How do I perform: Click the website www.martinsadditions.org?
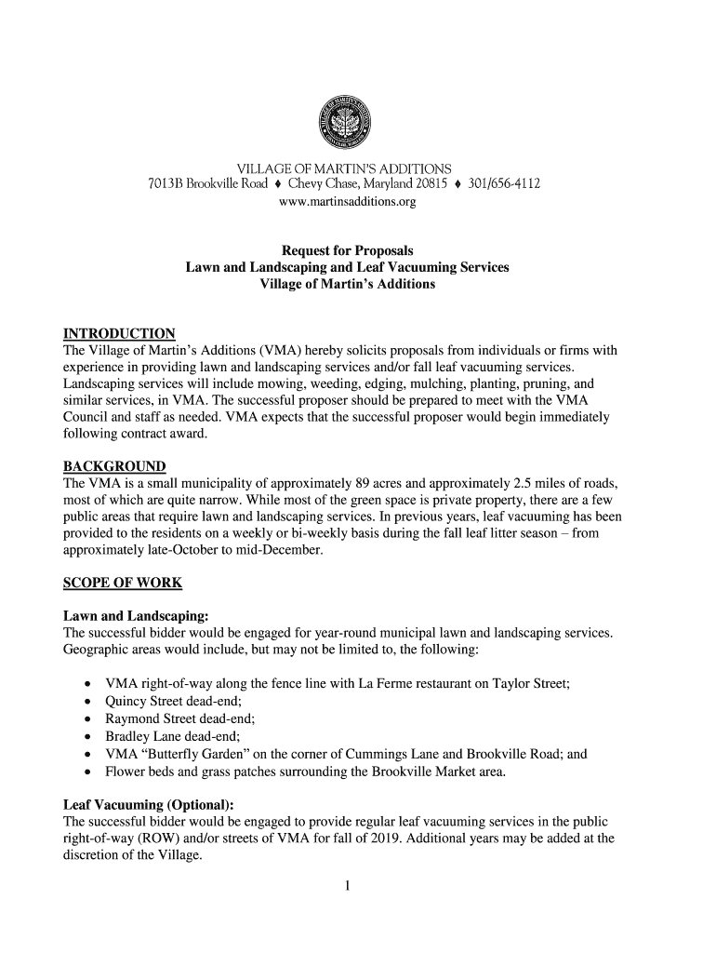point(344,200)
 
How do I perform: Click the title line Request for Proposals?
point(347,251)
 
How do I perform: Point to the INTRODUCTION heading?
point(118,334)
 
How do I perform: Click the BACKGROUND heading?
point(113,466)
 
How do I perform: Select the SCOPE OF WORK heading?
point(122,584)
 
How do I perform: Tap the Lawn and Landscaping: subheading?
point(135,616)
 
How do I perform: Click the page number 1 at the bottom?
point(346,885)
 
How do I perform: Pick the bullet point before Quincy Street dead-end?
point(87,703)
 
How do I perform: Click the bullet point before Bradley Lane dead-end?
point(87,737)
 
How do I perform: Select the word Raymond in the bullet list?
point(131,719)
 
